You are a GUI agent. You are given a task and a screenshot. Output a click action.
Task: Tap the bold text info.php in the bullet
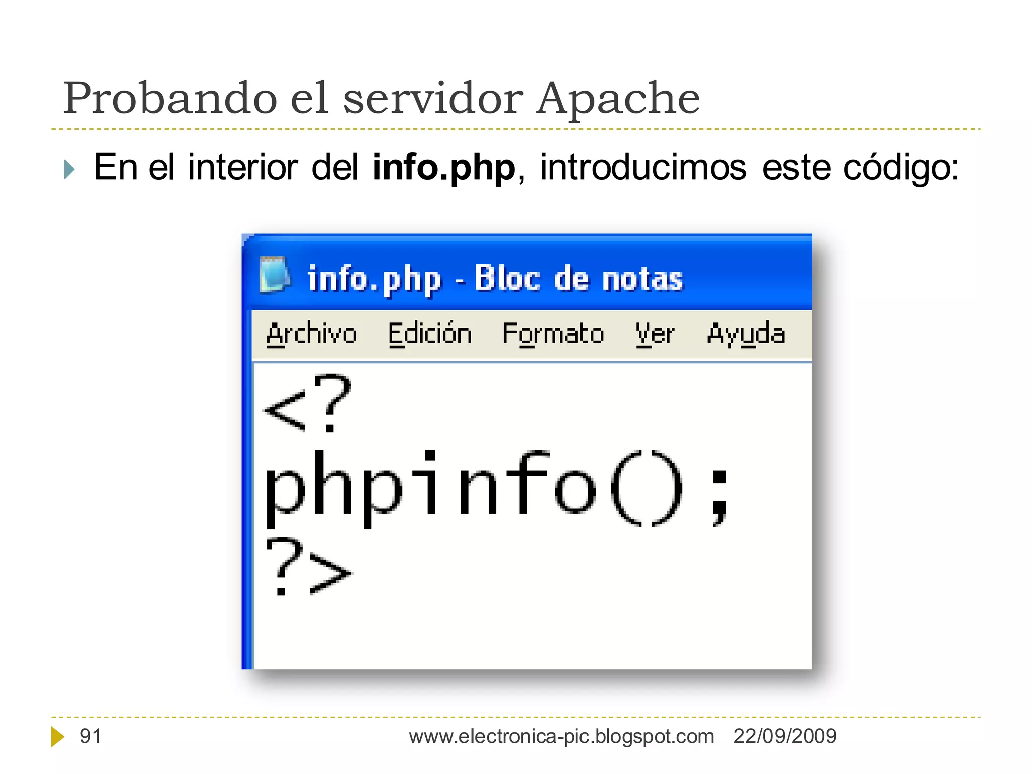(x=443, y=168)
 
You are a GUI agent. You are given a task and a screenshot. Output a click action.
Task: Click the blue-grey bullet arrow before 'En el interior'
(x=70, y=169)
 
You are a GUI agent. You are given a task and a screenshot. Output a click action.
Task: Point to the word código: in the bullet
(x=901, y=168)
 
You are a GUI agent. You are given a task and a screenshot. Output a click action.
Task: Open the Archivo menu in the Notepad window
(x=311, y=334)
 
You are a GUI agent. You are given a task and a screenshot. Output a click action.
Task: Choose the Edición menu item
(x=430, y=334)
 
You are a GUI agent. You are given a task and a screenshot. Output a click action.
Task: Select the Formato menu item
(x=553, y=334)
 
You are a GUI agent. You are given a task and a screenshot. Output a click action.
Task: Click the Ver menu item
(x=655, y=334)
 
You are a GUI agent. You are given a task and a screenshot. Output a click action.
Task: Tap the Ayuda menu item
(x=746, y=334)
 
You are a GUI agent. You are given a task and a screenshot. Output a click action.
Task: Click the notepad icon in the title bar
(x=275, y=275)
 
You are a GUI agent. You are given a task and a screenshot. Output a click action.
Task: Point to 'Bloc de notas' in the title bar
(x=578, y=278)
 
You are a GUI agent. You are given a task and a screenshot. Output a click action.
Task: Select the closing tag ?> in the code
(x=308, y=567)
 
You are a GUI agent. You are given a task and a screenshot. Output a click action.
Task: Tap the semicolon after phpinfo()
(x=720, y=496)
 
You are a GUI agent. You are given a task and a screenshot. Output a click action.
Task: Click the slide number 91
(x=91, y=736)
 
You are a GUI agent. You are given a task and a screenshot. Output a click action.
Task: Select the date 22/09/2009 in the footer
(x=785, y=736)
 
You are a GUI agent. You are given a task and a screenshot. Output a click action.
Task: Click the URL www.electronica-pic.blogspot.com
(x=561, y=736)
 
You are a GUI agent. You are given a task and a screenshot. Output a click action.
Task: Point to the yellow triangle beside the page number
(x=57, y=737)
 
